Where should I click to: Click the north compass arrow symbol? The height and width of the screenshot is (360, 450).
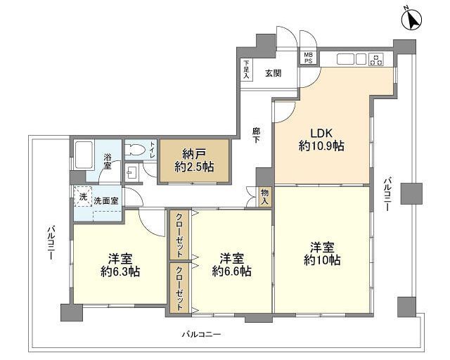[x=412, y=20]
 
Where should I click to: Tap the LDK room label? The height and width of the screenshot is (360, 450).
[x=321, y=133]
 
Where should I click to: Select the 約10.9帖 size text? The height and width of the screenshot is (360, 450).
[x=321, y=146]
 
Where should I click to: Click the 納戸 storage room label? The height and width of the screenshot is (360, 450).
[x=194, y=155]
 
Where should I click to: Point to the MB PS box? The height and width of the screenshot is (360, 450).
[x=309, y=58]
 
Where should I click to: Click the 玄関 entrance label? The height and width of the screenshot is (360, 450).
[x=273, y=74]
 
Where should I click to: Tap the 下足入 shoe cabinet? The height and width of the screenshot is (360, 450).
[x=246, y=70]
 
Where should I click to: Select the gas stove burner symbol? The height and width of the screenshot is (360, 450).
[x=377, y=60]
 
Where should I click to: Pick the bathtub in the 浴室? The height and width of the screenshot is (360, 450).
[x=84, y=155]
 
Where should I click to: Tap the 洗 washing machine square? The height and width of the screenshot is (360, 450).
[x=83, y=196]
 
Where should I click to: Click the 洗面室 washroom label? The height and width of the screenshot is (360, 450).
[x=106, y=200]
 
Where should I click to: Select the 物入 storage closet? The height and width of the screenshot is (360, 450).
[x=264, y=197]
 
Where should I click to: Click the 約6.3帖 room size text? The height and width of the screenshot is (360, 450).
[x=120, y=271]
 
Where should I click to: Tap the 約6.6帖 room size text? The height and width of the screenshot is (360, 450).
[x=232, y=271]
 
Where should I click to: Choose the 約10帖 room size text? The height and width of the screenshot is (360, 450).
[x=322, y=260]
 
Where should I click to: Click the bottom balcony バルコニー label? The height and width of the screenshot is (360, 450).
[x=202, y=335]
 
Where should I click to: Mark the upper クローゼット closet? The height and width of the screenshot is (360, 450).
[x=179, y=236]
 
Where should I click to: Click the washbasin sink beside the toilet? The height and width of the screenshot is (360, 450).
[x=132, y=173]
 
